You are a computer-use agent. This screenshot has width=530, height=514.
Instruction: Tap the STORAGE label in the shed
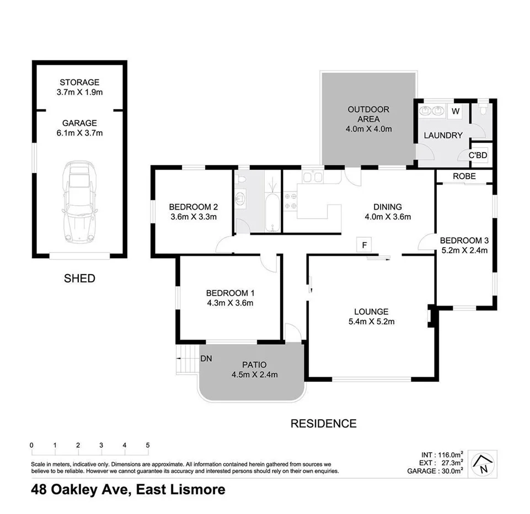coord(79,83)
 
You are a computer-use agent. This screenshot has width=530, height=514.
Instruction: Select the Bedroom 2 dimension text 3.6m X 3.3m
coord(193,217)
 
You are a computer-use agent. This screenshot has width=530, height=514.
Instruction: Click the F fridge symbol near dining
coord(363,244)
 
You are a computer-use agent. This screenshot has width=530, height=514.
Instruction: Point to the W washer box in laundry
coord(456,111)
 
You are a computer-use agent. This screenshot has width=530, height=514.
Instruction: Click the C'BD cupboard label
coord(478,155)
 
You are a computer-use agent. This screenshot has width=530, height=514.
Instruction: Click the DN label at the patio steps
coord(206,358)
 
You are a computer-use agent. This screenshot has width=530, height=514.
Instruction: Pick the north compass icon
coord(484,464)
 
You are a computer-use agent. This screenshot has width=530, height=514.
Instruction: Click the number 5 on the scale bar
coord(148,445)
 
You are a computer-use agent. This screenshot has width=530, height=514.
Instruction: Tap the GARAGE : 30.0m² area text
coord(435,472)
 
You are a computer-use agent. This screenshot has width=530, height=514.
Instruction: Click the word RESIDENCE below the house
coord(323,424)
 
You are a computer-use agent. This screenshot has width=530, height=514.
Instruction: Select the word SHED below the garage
coord(79,279)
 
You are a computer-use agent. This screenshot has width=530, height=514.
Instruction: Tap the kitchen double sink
coord(312,176)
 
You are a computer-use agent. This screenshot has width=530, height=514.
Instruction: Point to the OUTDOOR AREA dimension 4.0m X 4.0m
coord(368,129)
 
